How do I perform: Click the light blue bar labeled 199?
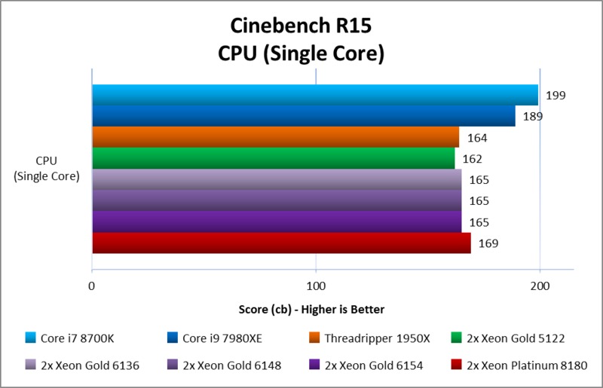[x=315, y=95]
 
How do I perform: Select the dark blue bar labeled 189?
[x=304, y=116]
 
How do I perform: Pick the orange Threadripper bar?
[x=275, y=137]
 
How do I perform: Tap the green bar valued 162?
[x=273, y=158]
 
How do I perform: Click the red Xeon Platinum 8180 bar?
[x=281, y=243]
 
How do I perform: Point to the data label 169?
[x=488, y=243]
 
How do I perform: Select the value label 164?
[x=477, y=138]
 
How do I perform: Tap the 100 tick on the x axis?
[x=317, y=286]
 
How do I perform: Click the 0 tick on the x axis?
[x=92, y=286]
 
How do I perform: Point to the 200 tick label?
[x=540, y=286]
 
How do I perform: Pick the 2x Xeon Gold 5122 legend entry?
[x=516, y=338]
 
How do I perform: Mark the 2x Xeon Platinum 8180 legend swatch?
[x=456, y=365]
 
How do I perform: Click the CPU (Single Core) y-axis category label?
[x=47, y=168]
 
